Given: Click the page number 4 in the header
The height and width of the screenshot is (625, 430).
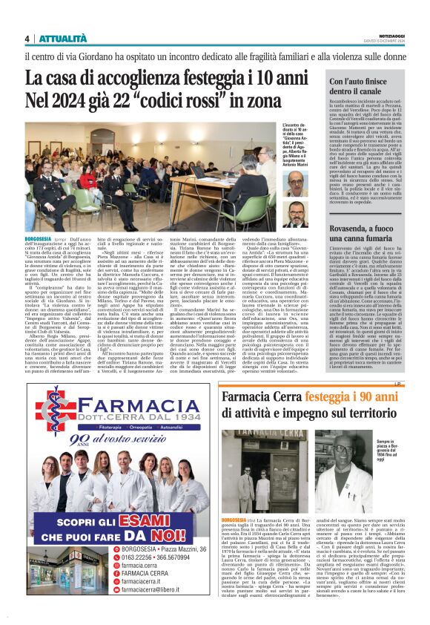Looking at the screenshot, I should [27, 39].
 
